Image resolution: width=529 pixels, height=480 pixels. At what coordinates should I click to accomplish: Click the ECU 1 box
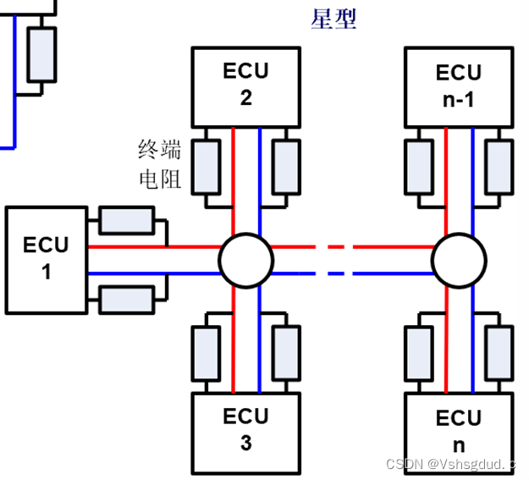(x=47, y=259)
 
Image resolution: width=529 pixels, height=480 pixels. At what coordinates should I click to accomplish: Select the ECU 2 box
(x=245, y=86)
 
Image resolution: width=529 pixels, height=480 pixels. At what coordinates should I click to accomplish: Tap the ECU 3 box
(x=245, y=429)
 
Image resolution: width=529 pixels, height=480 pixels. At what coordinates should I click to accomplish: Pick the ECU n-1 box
(x=459, y=86)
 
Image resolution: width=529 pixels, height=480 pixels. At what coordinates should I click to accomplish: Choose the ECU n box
(x=459, y=431)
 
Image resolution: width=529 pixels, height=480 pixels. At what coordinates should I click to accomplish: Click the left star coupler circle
(x=245, y=259)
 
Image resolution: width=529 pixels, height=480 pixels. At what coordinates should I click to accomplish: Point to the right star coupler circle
(x=459, y=259)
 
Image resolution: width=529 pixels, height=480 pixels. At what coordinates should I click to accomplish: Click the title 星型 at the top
(x=333, y=19)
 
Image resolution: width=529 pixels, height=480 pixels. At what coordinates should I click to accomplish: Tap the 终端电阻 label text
(x=160, y=164)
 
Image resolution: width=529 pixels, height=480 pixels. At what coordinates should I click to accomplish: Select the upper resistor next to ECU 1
(x=126, y=220)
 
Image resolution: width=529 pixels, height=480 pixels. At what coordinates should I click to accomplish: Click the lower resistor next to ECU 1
(x=126, y=299)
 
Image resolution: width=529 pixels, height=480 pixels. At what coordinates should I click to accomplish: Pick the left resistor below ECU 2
(x=206, y=165)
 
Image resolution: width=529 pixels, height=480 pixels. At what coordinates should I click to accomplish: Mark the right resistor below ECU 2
(x=286, y=165)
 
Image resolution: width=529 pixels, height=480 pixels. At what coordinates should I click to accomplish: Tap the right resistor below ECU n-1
(x=499, y=165)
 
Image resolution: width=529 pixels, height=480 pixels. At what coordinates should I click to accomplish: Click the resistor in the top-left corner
(x=41, y=53)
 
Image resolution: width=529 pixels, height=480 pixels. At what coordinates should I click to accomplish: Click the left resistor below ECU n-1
(x=419, y=165)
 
